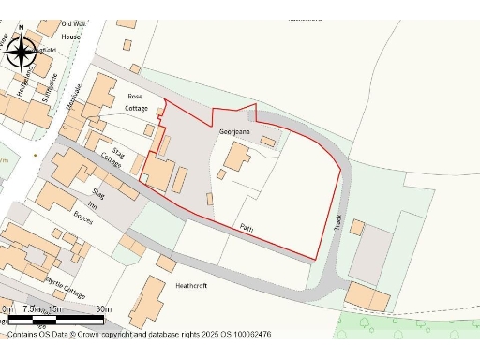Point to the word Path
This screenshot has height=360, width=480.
pos(246,227)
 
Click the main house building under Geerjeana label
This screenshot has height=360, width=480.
pos(236,157)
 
